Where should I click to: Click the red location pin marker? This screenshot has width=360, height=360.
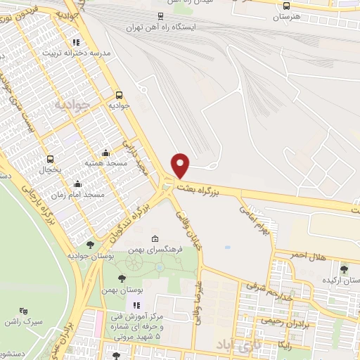[x=181, y=165]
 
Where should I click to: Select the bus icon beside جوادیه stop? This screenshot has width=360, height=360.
[x=119, y=94]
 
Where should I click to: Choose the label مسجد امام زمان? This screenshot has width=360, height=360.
[x=79, y=194]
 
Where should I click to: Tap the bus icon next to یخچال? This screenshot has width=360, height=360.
[x=50, y=160]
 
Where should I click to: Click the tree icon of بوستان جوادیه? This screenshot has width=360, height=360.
[x=90, y=245]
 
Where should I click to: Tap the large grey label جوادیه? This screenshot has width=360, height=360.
[x=72, y=105]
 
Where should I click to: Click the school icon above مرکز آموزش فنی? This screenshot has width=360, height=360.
[x=136, y=305]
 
